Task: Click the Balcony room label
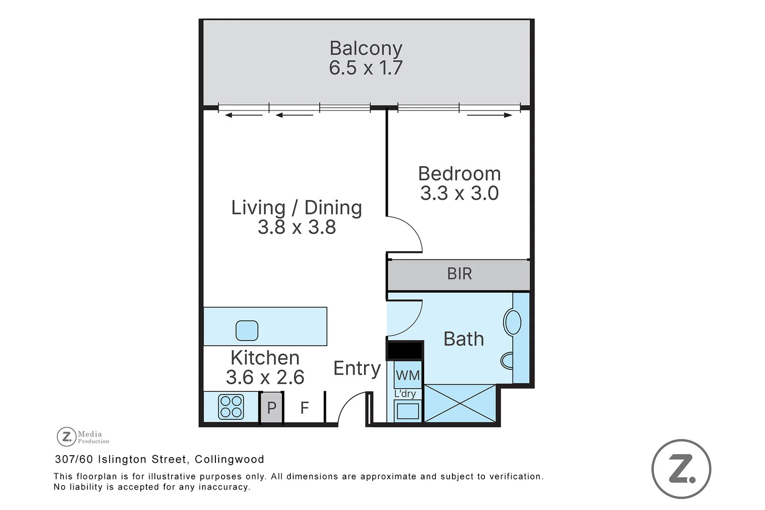[366, 49]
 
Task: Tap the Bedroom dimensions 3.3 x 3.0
[459, 193]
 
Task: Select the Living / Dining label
[297, 207]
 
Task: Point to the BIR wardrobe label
[459, 273]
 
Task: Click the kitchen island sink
[247, 331]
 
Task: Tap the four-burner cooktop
[231, 407]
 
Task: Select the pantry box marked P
[272, 408]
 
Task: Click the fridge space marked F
[304, 408]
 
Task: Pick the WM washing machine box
[408, 375]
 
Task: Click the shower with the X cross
[459, 403]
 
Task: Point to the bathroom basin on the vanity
[512, 322]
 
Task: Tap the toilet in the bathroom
[507, 360]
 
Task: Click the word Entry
[357, 368]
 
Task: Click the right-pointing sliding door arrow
[489, 115]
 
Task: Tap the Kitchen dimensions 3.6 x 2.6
[265, 377]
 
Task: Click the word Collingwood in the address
[229, 459]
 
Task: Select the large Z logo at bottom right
[681, 468]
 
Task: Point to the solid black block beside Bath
[405, 350]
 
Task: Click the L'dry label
[405, 393]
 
